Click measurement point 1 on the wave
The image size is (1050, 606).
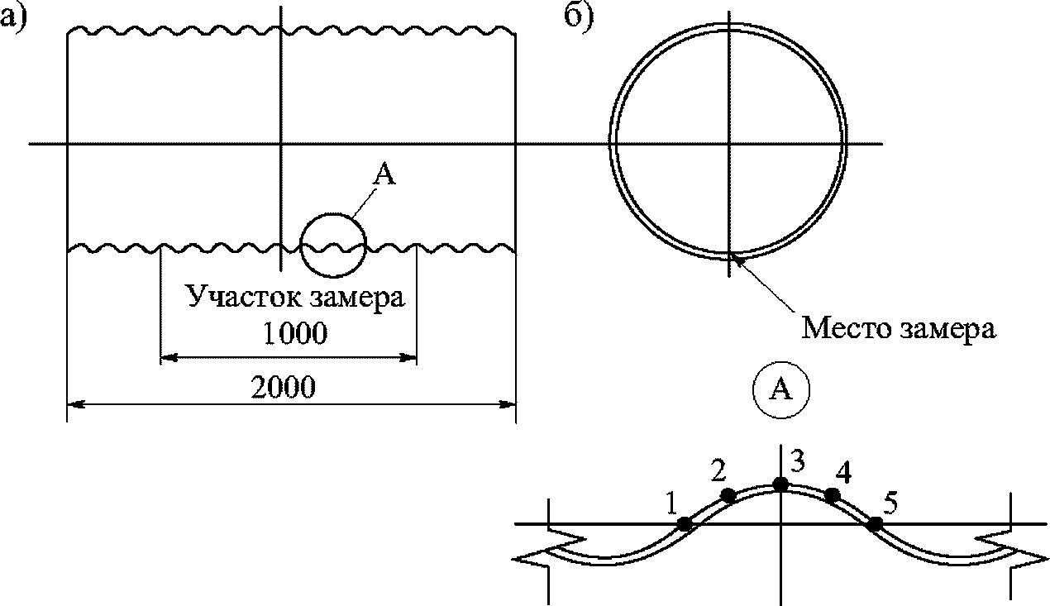[x=685, y=523]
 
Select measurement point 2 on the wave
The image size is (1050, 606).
[x=728, y=495]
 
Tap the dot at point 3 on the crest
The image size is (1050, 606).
[x=780, y=484]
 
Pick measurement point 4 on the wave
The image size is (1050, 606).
[x=832, y=495]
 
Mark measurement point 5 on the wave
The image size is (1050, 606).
[x=875, y=523]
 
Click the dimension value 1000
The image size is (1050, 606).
[x=295, y=333]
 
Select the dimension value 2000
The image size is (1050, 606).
[x=283, y=387]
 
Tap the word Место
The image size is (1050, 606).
[x=847, y=327]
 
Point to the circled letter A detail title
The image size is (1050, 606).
[x=781, y=389]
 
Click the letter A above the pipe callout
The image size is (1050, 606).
[x=384, y=174]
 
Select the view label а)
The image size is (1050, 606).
[x=14, y=19]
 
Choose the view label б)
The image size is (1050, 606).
[x=579, y=18]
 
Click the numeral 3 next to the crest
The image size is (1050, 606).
[x=798, y=461]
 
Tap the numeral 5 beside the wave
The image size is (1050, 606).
[x=890, y=503]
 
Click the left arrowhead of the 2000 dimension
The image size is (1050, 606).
[x=76, y=403]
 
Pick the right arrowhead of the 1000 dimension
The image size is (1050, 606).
[x=408, y=358]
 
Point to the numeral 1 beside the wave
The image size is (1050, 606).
[x=671, y=503]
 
